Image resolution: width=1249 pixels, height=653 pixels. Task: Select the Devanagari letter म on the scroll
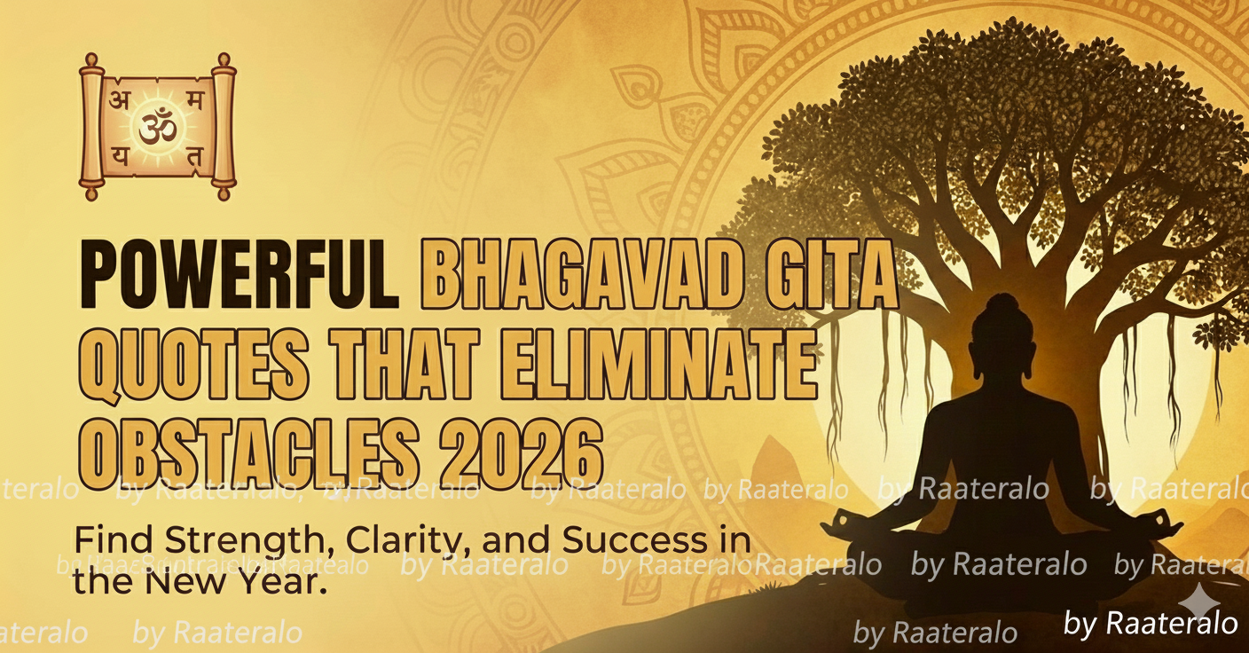pos(196,100)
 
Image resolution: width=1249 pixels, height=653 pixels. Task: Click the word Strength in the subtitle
pos(208,540)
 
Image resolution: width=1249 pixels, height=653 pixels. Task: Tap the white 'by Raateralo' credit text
pos(1150,624)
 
